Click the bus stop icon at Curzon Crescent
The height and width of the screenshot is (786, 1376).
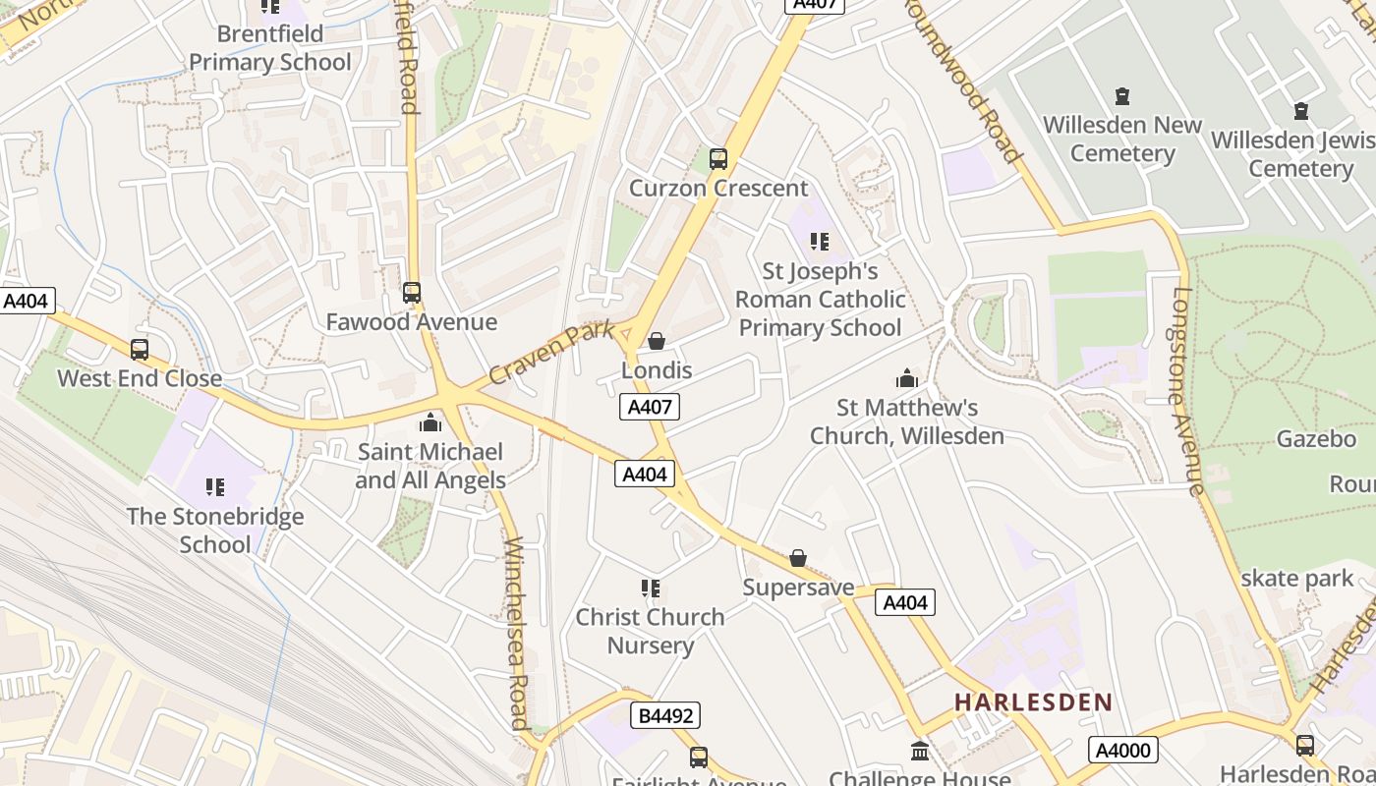(x=718, y=158)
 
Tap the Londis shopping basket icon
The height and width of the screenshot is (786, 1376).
(x=657, y=341)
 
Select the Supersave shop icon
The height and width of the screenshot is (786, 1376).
(x=798, y=558)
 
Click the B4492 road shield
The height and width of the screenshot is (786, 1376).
(x=665, y=715)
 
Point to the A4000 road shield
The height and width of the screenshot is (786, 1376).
(x=1123, y=751)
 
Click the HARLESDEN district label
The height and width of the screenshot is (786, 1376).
(x=1033, y=702)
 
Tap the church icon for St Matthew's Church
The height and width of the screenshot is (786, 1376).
(x=906, y=377)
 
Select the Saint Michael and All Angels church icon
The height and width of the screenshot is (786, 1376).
(x=430, y=422)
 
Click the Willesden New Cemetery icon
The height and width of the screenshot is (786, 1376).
(x=1122, y=96)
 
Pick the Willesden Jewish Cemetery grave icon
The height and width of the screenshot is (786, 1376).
(x=1301, y=111)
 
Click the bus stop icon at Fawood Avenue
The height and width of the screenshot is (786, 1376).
(x=412, y=292)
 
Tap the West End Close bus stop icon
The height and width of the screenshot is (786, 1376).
(x=140, y=349)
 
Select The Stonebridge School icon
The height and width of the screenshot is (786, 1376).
(x=215, y=486)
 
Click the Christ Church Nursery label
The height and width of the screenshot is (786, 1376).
(x=650, y=631)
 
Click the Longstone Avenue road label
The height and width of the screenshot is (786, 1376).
(x=1188, y=391)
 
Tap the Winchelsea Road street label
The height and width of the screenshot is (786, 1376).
(x=518, y=634)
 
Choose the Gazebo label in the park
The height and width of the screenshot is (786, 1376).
(x=1315, y=438)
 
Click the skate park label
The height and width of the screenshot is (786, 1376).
(x=1296, y=579)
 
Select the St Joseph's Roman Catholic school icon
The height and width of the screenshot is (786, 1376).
(x=820, y=241)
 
